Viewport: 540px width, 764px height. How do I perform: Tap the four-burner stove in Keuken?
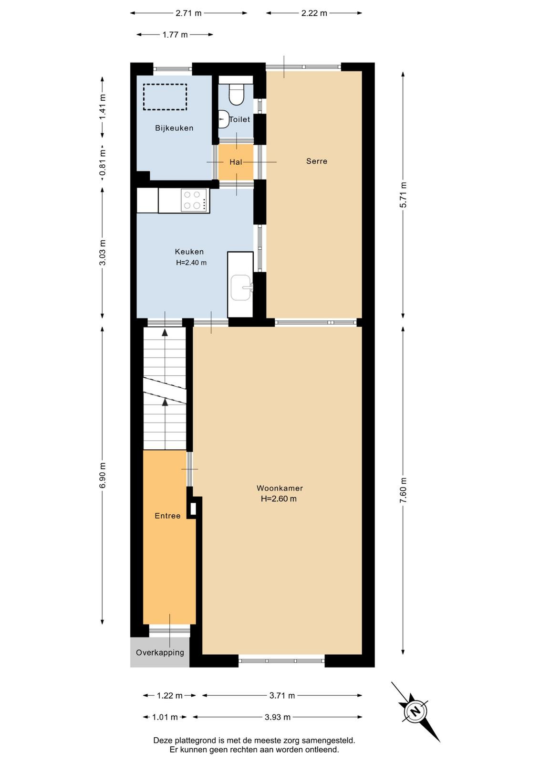(x=194, y=201)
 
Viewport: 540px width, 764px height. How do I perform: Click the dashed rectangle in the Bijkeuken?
(x=165, y=97)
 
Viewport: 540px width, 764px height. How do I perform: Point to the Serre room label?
(x=316, y=161)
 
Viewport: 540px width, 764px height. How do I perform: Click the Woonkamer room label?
(x=280, y=488)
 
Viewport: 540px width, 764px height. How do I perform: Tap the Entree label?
(x=167, y=516)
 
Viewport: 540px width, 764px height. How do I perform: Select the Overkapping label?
(x=160, y=652)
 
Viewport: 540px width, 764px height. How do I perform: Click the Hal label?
(x=236, y=162)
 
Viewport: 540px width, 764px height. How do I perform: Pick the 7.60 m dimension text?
(x=404, y=490)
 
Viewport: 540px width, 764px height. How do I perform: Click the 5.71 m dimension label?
(x=404, y=195)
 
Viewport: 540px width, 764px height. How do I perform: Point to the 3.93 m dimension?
(x=277, y=717)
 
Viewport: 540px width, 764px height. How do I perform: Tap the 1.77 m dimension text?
(x=175, y=34)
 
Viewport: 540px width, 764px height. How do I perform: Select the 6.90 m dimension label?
(x=103, y=475)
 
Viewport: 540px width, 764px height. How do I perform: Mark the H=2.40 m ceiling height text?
(x=191, y=263)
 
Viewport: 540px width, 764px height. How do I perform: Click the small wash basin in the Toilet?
(x=223, y=119)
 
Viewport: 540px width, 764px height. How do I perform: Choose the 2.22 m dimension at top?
(x=314, y=13)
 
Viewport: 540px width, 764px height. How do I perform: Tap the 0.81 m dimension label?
(x=103, y=165)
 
